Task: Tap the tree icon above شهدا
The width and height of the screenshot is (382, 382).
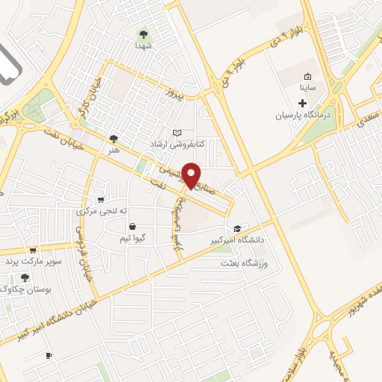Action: [x=143, y=34]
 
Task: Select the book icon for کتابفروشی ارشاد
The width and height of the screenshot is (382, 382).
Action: [x=177, y=133]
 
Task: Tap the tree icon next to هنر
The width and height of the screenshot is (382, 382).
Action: [x=113, y=138]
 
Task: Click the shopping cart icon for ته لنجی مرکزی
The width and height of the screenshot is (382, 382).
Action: [x=101, y=200]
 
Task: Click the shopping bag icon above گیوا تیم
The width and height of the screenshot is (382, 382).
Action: [x=132, y=226]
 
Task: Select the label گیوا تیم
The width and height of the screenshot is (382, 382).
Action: [x=132, y=237]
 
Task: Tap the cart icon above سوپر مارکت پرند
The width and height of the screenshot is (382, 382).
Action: [x=31, y=251]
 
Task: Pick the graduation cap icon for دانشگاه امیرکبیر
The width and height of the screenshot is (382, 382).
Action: [x=237, y=228]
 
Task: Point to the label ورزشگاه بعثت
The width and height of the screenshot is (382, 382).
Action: [x=243, y=264]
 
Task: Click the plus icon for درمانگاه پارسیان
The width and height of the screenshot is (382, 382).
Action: [x=301, y=102]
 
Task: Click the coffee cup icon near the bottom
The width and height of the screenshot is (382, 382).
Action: [x=48, y=355]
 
